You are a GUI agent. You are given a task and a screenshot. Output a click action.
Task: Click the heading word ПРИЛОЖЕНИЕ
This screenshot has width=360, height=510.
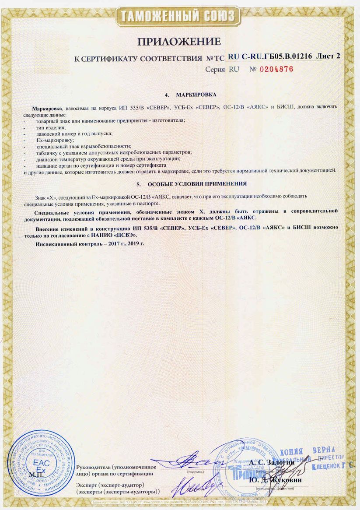(x=179, y=42)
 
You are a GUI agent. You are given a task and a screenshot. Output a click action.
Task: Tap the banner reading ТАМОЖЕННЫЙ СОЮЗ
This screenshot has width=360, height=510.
(x=179, y=17)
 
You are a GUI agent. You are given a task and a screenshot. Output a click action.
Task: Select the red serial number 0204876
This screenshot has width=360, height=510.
(x=276, y=69)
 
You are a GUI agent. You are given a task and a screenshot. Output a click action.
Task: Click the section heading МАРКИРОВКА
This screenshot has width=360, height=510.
(x=196, y=95)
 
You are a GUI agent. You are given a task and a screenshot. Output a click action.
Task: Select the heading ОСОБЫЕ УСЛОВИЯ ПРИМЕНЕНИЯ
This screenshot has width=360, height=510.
(x=197, y=183)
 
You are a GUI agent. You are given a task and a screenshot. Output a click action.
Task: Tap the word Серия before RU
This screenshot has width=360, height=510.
(x=215, y=70)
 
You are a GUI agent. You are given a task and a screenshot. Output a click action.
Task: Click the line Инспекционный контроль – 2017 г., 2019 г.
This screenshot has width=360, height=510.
(x=90, y=243)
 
